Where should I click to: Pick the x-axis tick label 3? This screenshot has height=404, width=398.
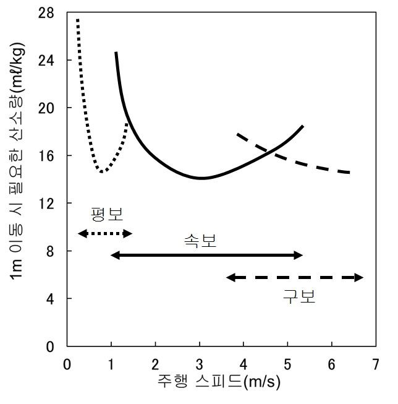click(199, 363)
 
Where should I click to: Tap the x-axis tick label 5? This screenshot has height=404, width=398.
click(287, 363)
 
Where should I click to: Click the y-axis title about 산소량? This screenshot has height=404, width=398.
click(18, 179)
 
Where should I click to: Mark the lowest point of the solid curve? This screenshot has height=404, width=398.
click(201, 178)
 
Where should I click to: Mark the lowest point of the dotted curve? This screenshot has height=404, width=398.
click(101, 171)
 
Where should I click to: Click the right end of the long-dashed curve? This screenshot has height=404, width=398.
click(350, 173)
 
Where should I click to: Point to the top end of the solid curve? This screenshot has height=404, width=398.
click(116, 53)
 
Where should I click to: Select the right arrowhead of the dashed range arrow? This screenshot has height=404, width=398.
click(361, 278)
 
